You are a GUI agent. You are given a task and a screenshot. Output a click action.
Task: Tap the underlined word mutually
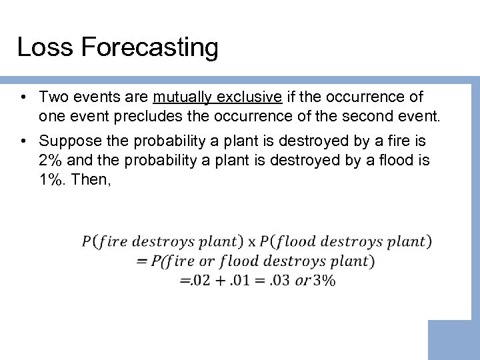180,97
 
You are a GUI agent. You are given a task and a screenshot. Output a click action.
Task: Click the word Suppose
69,141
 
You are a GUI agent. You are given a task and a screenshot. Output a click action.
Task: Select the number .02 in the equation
201,280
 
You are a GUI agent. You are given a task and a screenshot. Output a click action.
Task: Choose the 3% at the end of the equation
324,280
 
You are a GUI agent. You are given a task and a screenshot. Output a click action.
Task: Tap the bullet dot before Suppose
23,142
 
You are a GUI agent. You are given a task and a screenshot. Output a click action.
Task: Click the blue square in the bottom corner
453,340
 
